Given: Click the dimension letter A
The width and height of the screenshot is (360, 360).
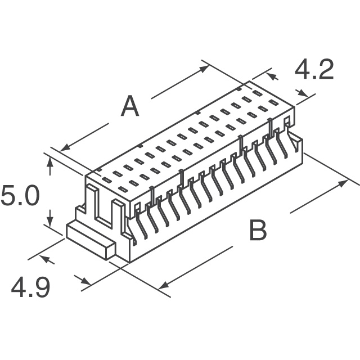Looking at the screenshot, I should (x=130, y=106).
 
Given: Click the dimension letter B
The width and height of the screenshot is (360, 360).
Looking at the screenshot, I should (x=258, y=231).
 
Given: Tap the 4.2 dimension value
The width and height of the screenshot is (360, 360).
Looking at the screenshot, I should (x=314, y=71).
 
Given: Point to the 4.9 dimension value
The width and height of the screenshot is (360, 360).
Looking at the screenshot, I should (x=31, y=287).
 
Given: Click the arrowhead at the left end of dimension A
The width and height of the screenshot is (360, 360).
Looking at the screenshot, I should (x=64, y=148).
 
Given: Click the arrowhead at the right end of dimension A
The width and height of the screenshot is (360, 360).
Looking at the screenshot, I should (x=205, y=67).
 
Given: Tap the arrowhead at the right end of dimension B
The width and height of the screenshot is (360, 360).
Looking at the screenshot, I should (x=344, y=183).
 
